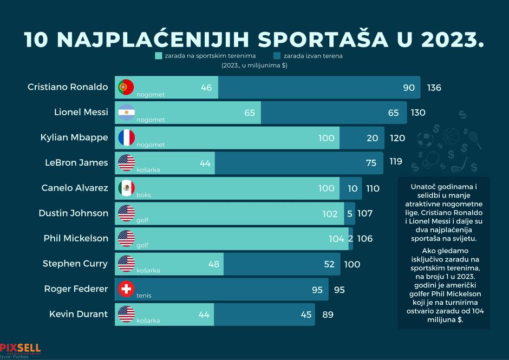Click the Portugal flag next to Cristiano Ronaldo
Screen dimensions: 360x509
point(126,87)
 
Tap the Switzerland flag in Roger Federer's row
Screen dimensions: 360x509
point(126,289)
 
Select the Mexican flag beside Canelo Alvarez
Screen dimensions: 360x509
point(126,188)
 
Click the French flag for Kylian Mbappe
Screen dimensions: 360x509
point(126,138)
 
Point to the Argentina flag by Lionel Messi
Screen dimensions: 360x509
point(126,112)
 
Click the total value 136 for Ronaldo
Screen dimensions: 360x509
point(434,88)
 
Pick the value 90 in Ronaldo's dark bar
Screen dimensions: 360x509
point(409,88)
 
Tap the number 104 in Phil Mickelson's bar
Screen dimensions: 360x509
point(336,239)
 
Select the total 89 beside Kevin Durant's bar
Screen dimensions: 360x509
point(328,315)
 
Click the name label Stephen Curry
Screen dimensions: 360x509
point(75,264)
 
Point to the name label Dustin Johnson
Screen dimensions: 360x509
point(73,213)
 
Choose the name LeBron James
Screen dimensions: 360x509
point(78,162)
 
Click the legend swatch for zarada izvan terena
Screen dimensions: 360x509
point(277,56)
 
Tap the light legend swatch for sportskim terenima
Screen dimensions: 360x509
point(159,56)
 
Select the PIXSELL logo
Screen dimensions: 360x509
point(20,348)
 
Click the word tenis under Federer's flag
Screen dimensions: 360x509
point(143,296)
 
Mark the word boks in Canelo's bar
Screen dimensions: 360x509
point(143,195)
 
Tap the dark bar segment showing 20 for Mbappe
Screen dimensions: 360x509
point(362,138)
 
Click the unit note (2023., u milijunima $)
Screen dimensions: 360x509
point(254,66)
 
